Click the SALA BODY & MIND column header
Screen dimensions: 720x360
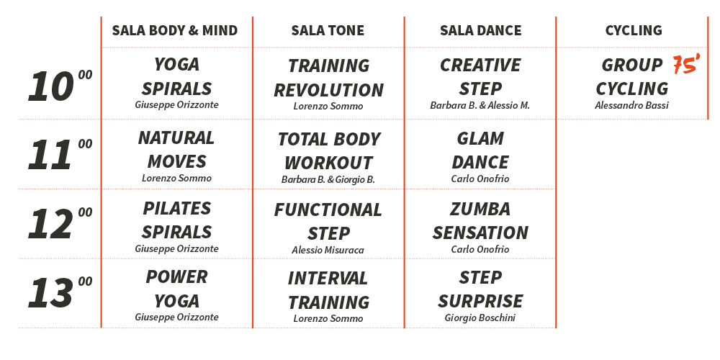click(175, 30)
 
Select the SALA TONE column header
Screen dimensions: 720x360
click(328, 30)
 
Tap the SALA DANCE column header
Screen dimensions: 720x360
click(481, 30)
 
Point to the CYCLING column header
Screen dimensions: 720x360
click(634, 30)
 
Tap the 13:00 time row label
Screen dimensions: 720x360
click(60, 292)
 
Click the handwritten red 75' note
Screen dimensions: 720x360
click(686, 64)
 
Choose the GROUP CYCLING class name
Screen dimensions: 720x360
click(632, 77)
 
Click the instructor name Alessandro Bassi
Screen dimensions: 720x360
click(632, 105)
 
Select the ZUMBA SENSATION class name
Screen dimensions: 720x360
click(480, 221)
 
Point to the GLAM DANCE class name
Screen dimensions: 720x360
click(480, 150)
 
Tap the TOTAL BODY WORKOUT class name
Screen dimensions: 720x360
click(329, 151)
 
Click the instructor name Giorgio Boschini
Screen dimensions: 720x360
click(480, 318)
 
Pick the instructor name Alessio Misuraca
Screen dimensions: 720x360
click(328, 251)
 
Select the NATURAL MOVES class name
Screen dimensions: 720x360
click(176, 150)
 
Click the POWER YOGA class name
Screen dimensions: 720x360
click(177, 289)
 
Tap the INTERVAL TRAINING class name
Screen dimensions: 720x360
click(328, 290)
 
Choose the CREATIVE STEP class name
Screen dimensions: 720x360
click(480, 77)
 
